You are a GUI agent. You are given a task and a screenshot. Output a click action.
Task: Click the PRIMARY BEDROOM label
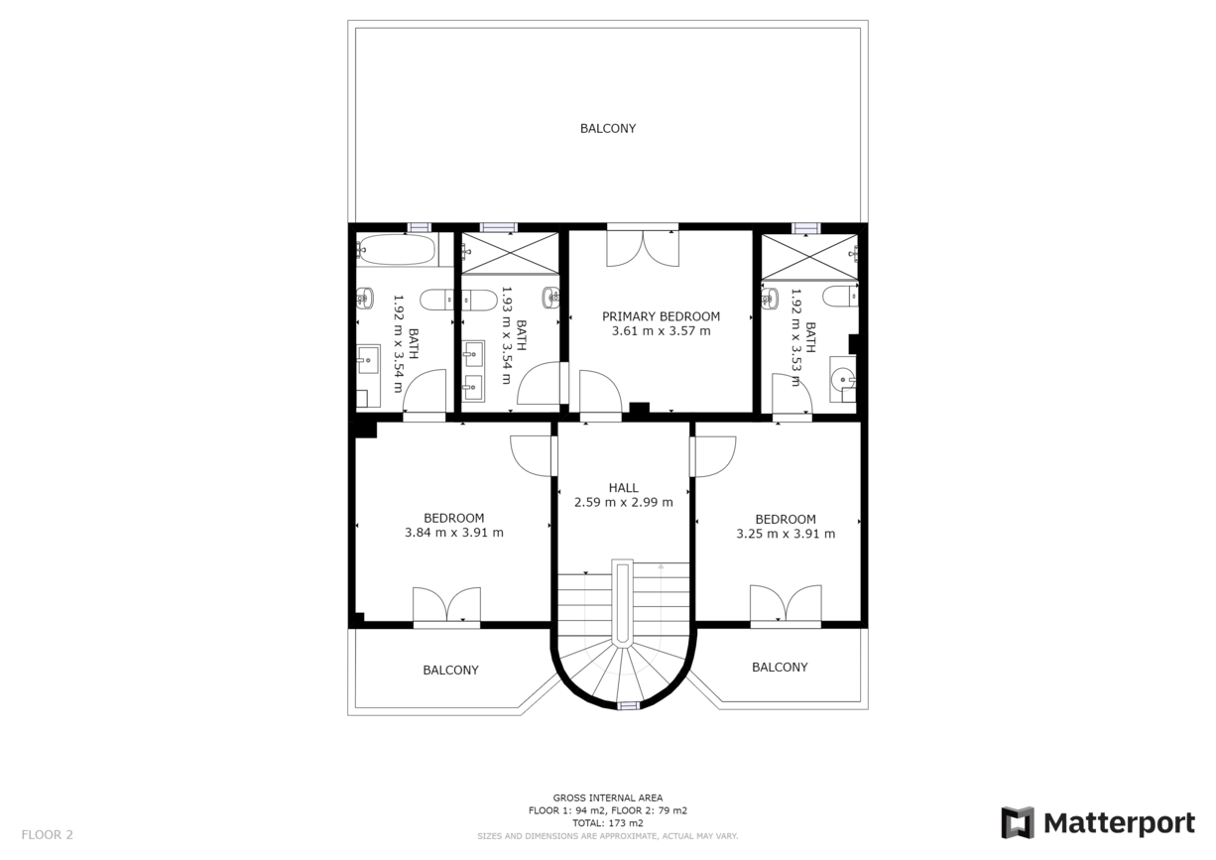coord(661,316)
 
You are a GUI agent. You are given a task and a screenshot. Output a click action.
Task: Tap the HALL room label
coord(623,487)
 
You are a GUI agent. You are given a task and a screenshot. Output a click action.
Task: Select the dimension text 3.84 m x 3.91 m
coord(453,533)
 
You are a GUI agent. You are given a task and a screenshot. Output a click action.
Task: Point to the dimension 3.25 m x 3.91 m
coord(785,533)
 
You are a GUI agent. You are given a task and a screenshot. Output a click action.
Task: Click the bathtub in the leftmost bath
coord(396,250)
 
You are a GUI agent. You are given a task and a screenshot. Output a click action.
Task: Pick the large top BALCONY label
coord(607,129)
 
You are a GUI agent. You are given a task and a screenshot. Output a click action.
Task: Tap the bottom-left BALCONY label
coord(450,671)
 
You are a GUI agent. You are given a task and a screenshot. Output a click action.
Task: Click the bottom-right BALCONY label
coord(779,668)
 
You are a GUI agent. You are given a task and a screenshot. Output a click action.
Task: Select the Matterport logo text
coord(1118,823)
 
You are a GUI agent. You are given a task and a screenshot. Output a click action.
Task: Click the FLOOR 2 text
coord(47,835)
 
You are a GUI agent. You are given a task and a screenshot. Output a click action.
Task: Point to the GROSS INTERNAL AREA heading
coord(607,798)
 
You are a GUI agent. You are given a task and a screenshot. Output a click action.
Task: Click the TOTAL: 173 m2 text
coord(607,823)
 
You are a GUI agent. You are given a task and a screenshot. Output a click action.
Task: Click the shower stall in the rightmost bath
coord(808,256)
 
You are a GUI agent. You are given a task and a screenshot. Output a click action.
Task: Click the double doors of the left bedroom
coord(446,605)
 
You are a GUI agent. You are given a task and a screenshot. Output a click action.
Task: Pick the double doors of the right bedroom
coord(785,604)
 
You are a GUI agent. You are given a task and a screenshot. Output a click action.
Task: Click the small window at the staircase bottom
coord(627,705)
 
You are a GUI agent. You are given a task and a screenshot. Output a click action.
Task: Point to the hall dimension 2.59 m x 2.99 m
coord(623,502)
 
